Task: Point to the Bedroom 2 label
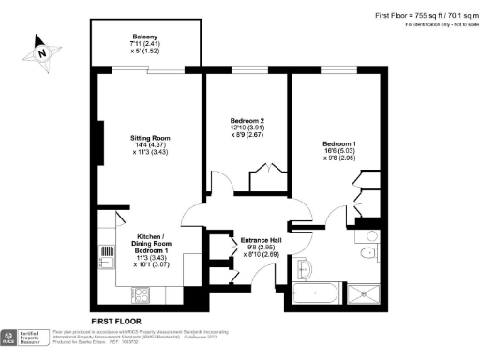(x=247, y=121)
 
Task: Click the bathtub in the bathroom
(x=316, y=293)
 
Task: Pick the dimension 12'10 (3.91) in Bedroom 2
(x=247, y=128)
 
